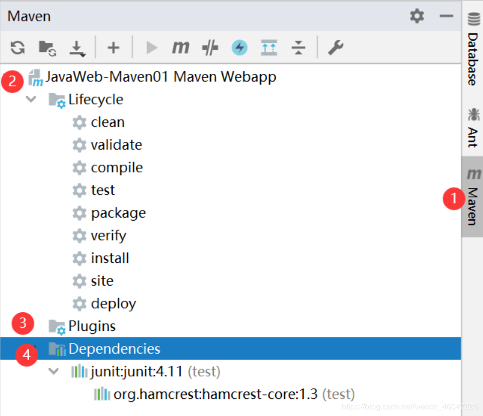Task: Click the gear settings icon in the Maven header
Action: point(417,16)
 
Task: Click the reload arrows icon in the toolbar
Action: point(18,48)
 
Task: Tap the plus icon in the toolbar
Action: point(113,48)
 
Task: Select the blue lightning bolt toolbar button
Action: point(239,48)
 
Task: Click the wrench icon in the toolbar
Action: point(336,48)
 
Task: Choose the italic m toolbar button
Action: point(181,48)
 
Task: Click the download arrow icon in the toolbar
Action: point(77,49)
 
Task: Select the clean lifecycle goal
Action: point(108,122)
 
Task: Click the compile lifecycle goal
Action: point(117,168)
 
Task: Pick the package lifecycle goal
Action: point(118,213)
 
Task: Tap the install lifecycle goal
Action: point(110,258)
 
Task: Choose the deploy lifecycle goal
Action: point(113,304)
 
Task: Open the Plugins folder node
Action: point(92,326)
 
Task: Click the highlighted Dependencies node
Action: point(114,349)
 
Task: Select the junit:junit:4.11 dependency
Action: point(136,372)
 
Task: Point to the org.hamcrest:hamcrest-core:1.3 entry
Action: point(216,394)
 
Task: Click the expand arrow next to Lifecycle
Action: point(31,99)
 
